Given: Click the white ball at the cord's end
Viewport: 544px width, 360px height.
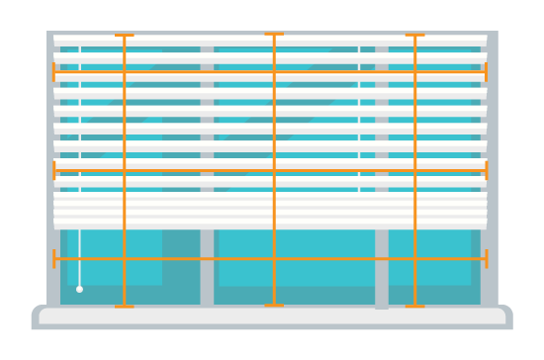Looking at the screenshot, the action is pyautogui.click(x=79, y=289).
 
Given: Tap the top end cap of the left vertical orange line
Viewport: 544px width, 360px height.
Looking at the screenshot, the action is pyautogui.click(x=124, y=36).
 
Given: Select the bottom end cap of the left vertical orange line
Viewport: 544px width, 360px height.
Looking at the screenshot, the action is pyautogui.click(x=124, y=306).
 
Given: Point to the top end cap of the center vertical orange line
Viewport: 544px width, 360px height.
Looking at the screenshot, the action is pyautogui.click(x=274, y=35).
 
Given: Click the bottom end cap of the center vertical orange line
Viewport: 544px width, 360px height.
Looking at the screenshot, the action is pyautogui.click(x=274, y=306).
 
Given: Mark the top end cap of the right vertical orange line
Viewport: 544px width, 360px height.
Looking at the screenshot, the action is pyautogui.click(x=414, y=36).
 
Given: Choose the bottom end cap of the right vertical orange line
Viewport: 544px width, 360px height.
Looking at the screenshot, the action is pyautogui.click(x=414, y=306).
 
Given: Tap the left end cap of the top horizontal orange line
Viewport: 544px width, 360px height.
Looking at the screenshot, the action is pyautogui.click(x=54, y=72).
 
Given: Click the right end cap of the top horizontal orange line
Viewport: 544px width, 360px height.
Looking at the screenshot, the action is pyautogui.click(x=486, y=72).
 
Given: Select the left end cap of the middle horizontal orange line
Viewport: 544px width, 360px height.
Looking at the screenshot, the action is pyautogui.click(x=54, y=170).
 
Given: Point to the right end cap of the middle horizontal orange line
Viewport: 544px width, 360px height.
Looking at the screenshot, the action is pyautogui.click(x=486, y=170).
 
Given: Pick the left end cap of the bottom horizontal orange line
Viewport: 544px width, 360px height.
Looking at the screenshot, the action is pyautogui.click(x=54, y=259).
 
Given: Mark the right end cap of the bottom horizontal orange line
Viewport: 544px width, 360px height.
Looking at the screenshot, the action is pyautogui.click(x=486, y=259).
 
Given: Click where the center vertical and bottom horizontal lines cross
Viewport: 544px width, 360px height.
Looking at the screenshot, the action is pyautogui.click(x=274, y=259).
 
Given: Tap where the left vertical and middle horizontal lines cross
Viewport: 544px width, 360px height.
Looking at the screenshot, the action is pyautogui.click(x=124, y=170).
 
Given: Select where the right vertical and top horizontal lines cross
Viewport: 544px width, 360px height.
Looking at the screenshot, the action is pyautogui.click(x=414, y=72).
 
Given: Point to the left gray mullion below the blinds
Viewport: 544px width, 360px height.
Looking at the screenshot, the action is pyautogui.click(x=207, y=267).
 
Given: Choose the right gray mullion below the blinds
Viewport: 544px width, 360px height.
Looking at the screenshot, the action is pyautogui.click(x=382, y=267).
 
